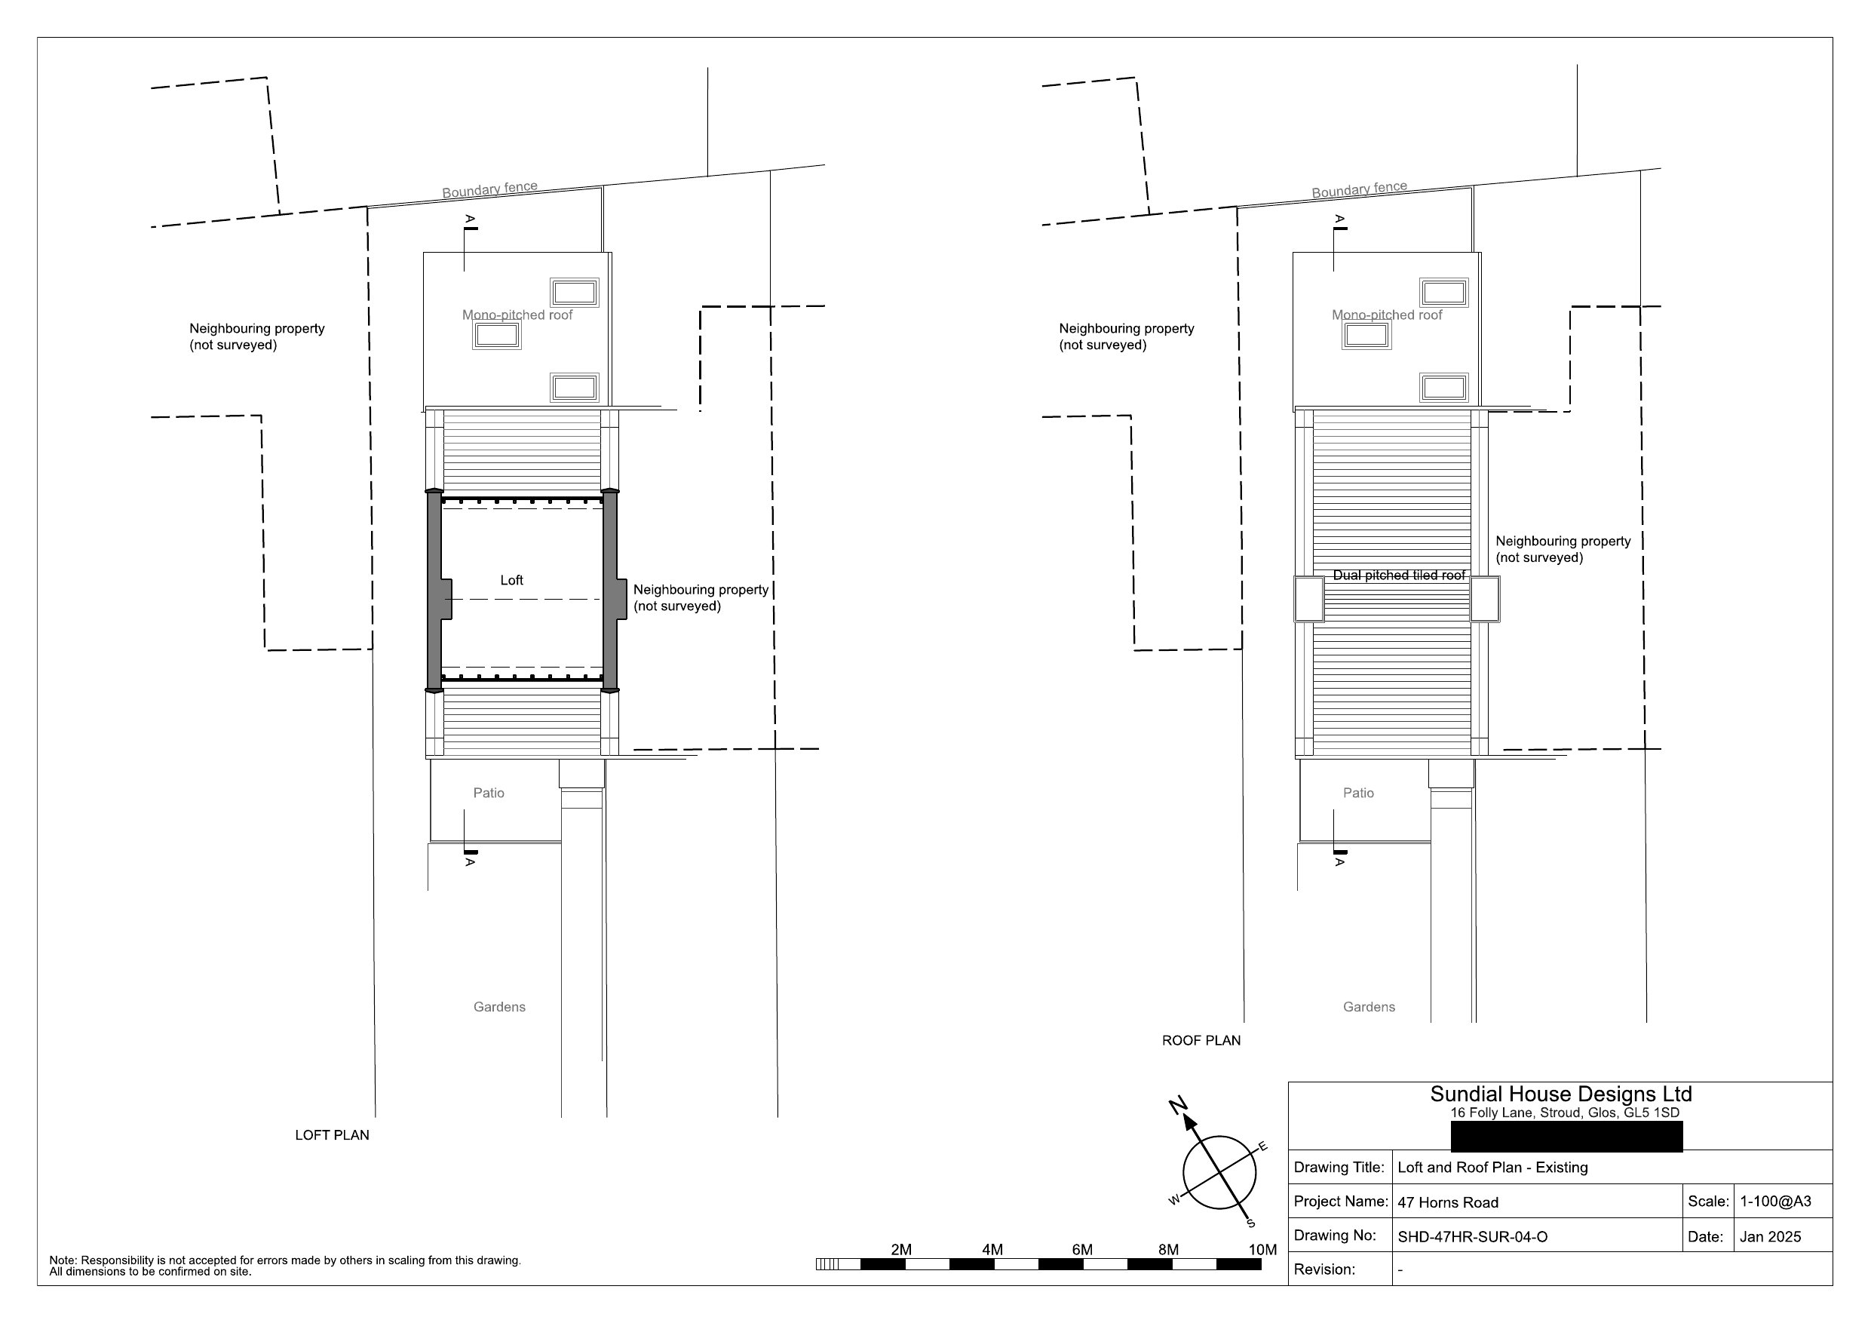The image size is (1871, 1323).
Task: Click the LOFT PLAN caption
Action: [332, 1134]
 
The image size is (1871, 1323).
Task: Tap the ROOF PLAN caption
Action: [1201, 1040]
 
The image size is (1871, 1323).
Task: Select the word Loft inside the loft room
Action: [512, 579]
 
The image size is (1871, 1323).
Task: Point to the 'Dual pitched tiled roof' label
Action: [1399, 575]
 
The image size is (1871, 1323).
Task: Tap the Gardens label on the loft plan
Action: [499, 1007]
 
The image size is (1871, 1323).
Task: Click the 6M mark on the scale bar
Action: [1082, 1250]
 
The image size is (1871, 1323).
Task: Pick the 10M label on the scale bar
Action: [1262, 1250]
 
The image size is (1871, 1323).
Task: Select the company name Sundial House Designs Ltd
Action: [1560, 1094]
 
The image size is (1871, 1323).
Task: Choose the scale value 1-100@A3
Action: [1776, 1201]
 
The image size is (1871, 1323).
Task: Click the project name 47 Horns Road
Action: [1448, 1202]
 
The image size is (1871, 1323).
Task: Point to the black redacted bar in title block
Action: [1567, 1137]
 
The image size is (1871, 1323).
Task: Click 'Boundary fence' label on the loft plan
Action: [489, 189]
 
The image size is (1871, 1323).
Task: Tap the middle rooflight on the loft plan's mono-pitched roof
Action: [497, 335]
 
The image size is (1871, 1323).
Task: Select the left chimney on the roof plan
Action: [1308, 599]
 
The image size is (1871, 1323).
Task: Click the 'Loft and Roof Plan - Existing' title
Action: [1493, 1168]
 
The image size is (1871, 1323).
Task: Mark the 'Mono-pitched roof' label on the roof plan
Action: [1387, 315]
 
